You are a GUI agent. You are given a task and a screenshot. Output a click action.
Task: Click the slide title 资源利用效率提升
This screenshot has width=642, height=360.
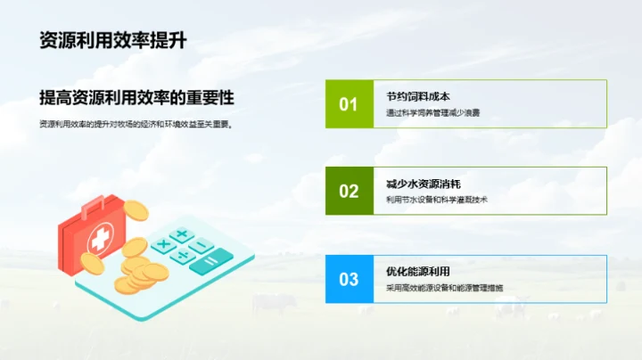tap(112, 40)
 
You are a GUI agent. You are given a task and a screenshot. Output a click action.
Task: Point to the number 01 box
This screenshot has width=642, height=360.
tap(348, 104)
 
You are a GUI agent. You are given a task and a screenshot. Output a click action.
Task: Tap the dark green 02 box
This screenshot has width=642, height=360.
tap(348, 191)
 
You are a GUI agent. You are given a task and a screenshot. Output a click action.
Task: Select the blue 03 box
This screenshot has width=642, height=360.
tap(348, 279)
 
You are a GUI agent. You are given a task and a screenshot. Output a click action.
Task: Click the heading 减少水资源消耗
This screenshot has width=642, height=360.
tap(424, 184)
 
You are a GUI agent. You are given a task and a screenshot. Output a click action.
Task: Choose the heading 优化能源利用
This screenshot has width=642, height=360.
tap(417, 271)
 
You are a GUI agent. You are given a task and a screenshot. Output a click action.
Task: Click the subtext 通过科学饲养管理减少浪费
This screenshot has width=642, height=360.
tap(432, 113)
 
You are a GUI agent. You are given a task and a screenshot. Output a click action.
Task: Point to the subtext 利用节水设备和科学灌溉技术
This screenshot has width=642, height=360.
tap(436, 200)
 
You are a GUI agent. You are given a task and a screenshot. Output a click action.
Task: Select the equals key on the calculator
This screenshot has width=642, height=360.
tap(210, 262)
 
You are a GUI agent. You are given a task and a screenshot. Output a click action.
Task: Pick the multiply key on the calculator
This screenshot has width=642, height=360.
tap(163, 243)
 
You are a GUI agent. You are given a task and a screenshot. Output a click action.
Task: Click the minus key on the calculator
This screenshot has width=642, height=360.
tap(201, 245)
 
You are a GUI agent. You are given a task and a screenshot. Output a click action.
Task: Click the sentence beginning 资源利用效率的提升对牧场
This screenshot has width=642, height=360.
tap(136, 125)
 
